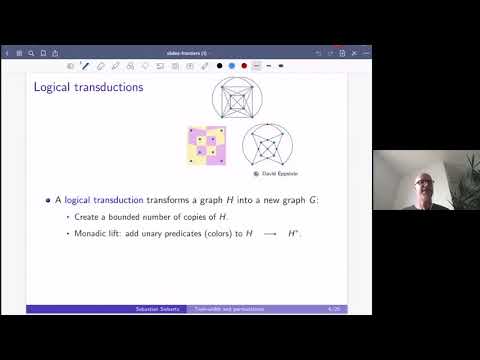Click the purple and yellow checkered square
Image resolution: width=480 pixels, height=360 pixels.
(206, 146)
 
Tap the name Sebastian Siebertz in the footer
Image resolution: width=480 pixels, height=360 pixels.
(158, 309)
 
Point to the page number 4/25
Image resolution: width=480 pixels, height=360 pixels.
(330, 309)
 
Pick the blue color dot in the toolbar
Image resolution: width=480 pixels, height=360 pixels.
(230, 65)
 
